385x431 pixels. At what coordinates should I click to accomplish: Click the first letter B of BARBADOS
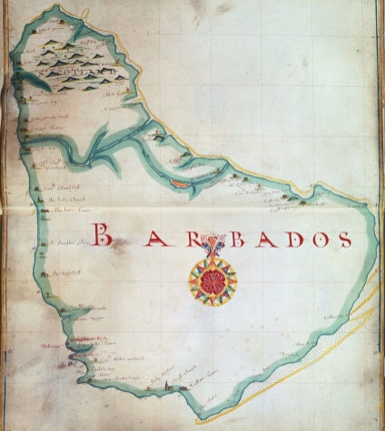pos(104,237)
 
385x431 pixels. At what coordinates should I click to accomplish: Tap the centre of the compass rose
pos(213,279)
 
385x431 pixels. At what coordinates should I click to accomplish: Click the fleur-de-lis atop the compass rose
pos(212,248)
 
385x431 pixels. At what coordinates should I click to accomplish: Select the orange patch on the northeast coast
pos(180,183)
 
